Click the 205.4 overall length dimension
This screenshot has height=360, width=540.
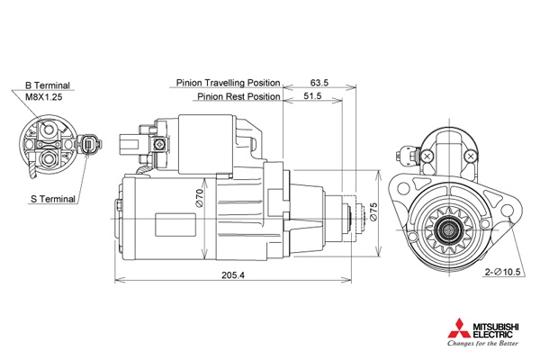click(x=233, y=275)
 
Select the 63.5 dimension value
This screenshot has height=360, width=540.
click(x=319, y=83)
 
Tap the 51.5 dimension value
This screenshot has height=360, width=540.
click(x=312, y=95)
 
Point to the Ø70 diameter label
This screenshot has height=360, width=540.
click(x=200, y=198)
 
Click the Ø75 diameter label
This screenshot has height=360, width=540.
click(x=373, y=211)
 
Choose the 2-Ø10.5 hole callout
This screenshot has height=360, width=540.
click(x=502, y=272)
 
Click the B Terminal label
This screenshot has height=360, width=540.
click(x=47, y=85)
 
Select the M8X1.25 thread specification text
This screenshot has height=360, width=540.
click(x=44, y=97)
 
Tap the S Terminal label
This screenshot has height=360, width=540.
click(x=53, y=199)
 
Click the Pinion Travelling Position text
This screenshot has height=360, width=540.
click(x=228, y=83)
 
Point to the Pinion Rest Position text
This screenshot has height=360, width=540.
click(x=238, y=96)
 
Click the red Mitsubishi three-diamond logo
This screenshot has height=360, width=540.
click(x=459, y=328)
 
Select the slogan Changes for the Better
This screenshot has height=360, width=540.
click(x=482, y=343)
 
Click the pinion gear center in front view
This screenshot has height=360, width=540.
click(x=449, y=229)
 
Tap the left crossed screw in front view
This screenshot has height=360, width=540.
click(x=427, y=156)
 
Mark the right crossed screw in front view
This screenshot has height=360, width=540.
click(x=471, y=156)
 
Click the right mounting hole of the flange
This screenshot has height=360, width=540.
click(x=507, y=210)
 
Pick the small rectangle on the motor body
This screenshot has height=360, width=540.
click(x=175, y=225)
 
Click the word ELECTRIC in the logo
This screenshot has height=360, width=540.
click(x=493, y=334)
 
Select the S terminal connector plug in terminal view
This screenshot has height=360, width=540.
click(x=90, y=144)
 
